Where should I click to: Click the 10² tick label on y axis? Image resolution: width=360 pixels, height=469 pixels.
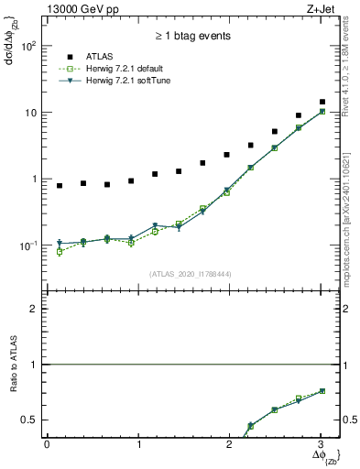pyautogui.click(x=28, y=46)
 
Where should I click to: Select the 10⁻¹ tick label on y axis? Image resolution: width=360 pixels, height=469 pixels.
pyautogui.click(x=28, y=246)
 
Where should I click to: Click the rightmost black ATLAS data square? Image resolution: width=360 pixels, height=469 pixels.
pyautogui.click(x=322, y=102)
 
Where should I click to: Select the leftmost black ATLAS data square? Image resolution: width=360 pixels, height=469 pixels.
pyautogui.click(x=60, y=186)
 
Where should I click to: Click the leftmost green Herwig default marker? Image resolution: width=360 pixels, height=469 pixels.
pyautogui.click(x=60, y=252)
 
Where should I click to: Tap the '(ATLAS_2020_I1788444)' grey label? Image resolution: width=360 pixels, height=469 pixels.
pyautogui.click(x=191, y=272)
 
